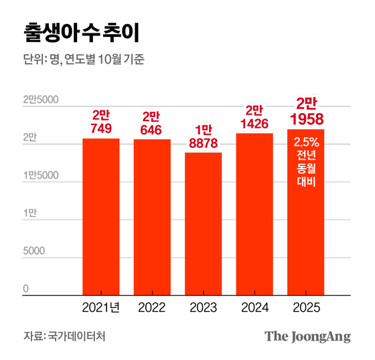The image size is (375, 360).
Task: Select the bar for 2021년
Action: pos(101,216)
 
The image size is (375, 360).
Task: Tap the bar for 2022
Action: pos(152,217)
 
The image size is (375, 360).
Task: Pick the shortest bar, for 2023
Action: pos(203,223)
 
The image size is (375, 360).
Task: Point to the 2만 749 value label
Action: pos(101,121)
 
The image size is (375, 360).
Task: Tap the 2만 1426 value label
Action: pos(254,116)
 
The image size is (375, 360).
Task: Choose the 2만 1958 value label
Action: pos(305,111)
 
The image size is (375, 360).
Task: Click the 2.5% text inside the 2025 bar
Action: pos(305,142)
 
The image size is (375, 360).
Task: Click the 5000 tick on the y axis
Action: pos(34,251)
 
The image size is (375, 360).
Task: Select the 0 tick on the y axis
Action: pos(26,288)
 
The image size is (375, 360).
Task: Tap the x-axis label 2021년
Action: pos(101,308)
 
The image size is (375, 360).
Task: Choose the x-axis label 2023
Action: pos(203,308)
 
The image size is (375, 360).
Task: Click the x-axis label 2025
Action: pos(305,308)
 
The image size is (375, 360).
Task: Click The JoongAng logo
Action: pos(307,336)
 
